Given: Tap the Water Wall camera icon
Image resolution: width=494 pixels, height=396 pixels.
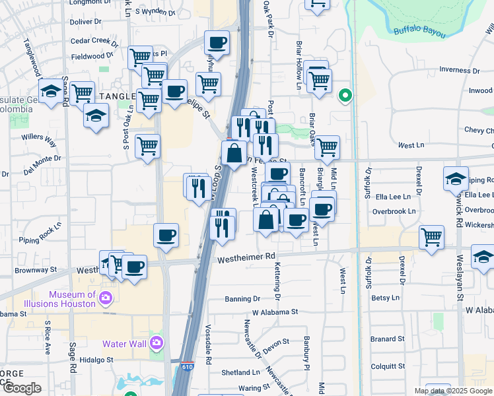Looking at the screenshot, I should (x=156, y=342).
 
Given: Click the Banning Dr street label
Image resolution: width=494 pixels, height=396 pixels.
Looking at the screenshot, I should (x=244, y=299).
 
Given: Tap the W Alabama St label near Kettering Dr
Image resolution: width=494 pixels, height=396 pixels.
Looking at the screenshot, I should (x=275, y=311).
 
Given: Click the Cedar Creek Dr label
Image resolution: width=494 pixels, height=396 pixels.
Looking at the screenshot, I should (x=94, y=41).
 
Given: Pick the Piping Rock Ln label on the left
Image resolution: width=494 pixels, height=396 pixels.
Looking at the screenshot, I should (x=40, y=240).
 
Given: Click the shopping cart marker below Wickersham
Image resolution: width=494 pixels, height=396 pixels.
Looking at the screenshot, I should (x=431, y=236).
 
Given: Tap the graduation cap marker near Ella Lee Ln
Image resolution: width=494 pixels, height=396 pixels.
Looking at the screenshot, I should (x=456, y=178).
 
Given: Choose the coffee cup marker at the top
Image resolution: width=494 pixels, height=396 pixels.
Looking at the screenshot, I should (x=217, y=43).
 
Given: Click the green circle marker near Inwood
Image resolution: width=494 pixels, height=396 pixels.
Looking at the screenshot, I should (x=344, y=96).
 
